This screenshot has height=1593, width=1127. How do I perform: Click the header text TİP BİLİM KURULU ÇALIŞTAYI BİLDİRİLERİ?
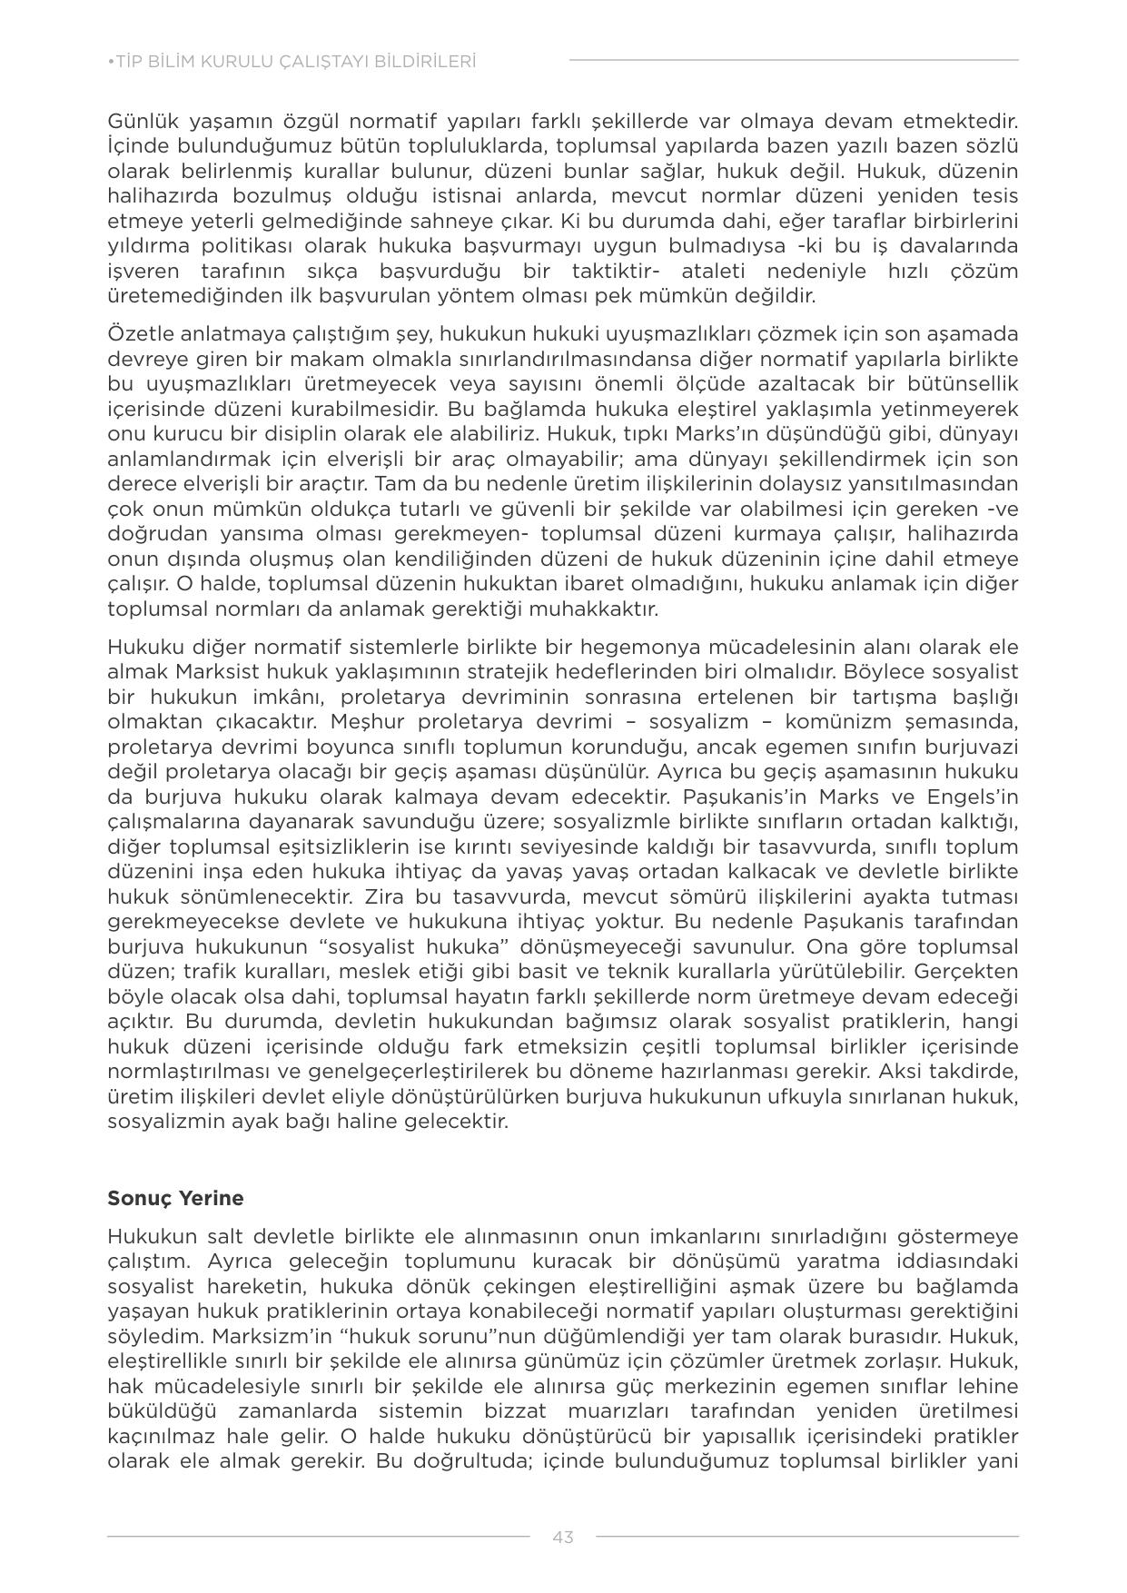click(x=292, y=62)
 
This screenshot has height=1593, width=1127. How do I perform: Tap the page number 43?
click(x=562, y=1537)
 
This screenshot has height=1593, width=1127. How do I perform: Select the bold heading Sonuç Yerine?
click(x=175, y=1198)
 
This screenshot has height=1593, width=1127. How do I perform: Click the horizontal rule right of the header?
click(x=794, y=61)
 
